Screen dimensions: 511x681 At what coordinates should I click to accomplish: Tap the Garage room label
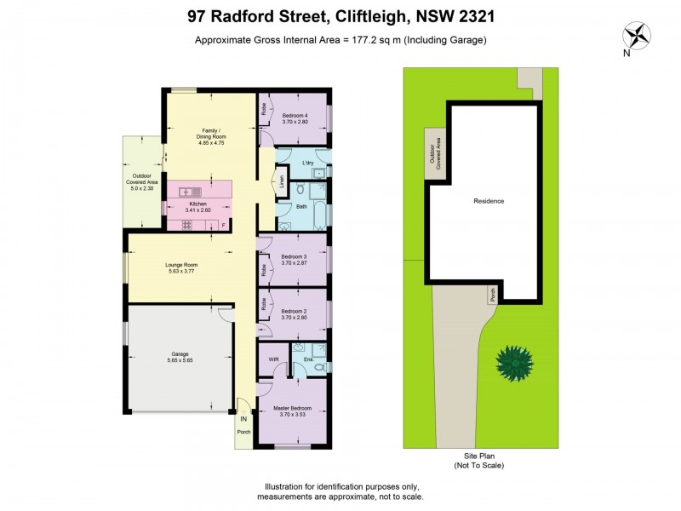pos(180,353)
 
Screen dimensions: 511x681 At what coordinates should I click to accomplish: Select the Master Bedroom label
pos(292,409)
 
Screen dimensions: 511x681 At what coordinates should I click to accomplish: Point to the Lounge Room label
pos(180,265)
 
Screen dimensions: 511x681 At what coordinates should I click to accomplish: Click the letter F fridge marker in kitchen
pos(222,225)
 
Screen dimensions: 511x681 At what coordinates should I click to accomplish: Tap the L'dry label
pos(308,163)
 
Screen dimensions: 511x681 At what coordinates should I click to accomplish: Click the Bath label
pos(301,207)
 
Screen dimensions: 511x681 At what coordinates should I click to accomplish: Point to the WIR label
pos(273,359)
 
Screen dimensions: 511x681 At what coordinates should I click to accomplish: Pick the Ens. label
pos(308,359)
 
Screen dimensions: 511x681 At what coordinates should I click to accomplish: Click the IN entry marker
pos(243,419)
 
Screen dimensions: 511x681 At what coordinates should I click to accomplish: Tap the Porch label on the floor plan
pos(243,439)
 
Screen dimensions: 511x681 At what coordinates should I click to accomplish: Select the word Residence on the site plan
pos(489,201)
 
